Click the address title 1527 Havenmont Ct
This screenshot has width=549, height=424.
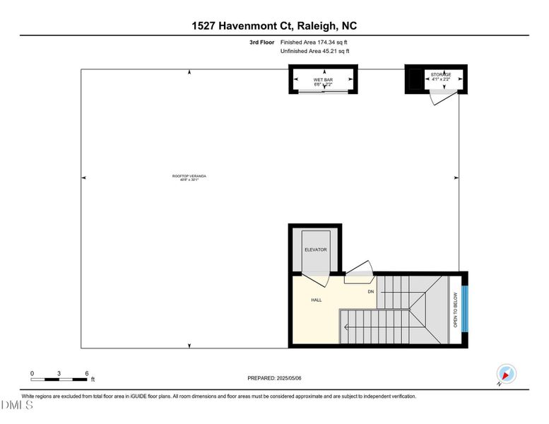(x=274, y=26)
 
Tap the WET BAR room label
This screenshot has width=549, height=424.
(x=323, y=80)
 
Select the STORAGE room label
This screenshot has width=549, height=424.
(x=441, y=74)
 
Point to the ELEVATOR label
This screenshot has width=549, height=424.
(x=315, y=250)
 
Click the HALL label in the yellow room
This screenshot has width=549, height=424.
(x=317, y=300)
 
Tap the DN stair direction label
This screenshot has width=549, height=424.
(x=370, y=291)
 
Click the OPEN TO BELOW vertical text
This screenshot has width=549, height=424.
(x=456, y=311)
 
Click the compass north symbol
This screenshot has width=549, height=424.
(x=507, y=374)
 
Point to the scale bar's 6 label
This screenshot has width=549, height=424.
(x=85, y=372)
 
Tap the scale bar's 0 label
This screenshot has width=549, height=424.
(x=32, y=372)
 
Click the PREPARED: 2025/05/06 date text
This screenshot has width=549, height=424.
(x=274, y=378)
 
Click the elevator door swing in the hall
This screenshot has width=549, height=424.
(x=317, y=279)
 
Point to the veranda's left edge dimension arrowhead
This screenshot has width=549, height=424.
(x=84, y=177)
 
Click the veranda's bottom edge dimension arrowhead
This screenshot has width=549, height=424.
(x=189, y=345)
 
